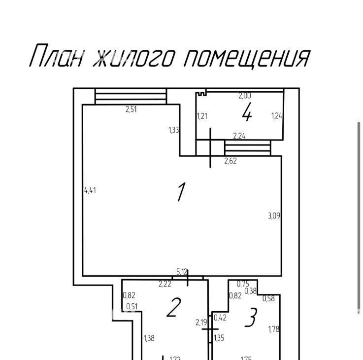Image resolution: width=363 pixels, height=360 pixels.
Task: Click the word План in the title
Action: [x=56, y=55]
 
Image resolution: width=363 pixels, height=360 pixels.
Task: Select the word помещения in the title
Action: [x=247, y=59]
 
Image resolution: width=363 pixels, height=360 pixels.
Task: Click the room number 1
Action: [x=181, y=192]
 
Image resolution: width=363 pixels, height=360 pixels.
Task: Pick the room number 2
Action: [x=174, y=307]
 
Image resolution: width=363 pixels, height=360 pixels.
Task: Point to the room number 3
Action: [x=251, y=318]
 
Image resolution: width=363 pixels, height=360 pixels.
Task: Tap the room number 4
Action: [x=247, y=112]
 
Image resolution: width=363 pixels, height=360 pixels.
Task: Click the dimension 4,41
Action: [x=90, y=190]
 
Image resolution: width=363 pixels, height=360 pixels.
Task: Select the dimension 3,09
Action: [x=274, y=216]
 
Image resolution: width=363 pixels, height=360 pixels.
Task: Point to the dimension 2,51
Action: [x=132, y=109]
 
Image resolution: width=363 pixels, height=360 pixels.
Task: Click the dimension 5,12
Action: [x=182, y=272]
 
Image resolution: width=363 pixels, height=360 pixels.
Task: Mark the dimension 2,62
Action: [x=231, y=161]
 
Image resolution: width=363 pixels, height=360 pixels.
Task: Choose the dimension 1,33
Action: [x=174, y=130]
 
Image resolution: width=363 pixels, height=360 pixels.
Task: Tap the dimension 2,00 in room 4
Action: [x=245, y=96]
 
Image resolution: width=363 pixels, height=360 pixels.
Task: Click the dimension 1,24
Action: [x=277, y=116]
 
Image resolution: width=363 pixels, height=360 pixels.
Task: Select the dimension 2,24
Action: [x=239, y=136]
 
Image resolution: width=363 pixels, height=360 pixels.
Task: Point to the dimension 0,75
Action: [x=243, y=284]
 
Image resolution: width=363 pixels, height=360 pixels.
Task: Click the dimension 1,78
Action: [x=274, y=329]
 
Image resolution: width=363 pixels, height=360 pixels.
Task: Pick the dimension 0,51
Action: [x=132, y=307]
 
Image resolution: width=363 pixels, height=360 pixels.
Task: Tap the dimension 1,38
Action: [x=149, y=338]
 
